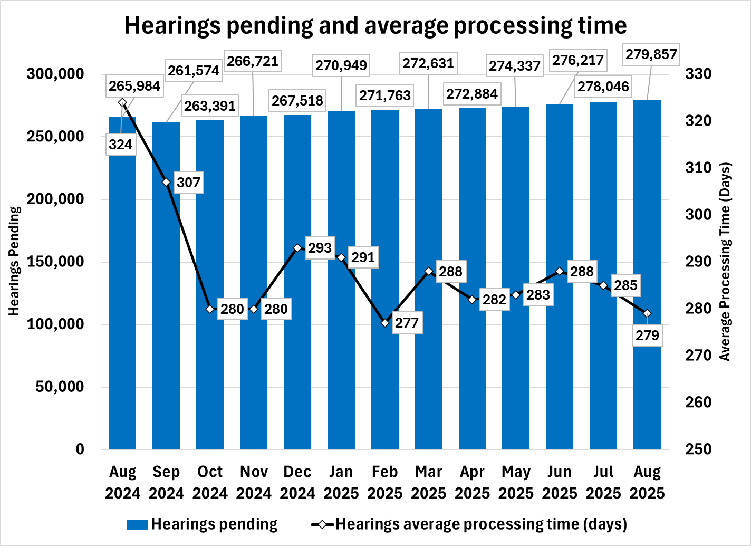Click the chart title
click(375, 26)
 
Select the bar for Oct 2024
click(210, 285)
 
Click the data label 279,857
click(650, 54)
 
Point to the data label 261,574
click(193, 71)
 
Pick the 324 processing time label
click(121, 144)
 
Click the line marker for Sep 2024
click(166, 183)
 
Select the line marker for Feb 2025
click(385, 323)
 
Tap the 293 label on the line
click(320, 247)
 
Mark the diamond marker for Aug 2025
click(647, 313)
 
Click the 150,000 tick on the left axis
click(55, 262)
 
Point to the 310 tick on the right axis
click(698, 168)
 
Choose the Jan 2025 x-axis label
click(341, 483)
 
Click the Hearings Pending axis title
click(14, 261)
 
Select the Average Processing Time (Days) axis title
click(726, 261)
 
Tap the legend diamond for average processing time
click(323, 524)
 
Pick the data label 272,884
click(472, 94)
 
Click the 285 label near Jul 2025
click(626, 285)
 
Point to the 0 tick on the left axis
click(80, 449)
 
